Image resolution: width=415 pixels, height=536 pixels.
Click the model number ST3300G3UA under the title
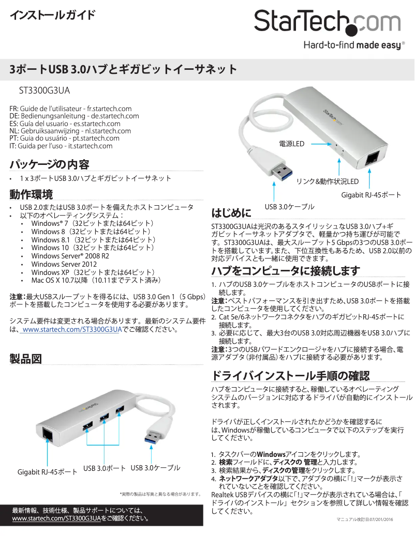point(44,90)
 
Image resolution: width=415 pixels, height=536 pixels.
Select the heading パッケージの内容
point(50,165)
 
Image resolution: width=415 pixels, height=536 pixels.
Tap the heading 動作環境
point(31,195)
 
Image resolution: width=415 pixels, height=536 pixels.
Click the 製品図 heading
point(26,359)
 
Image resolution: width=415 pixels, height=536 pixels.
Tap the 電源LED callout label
point(291,144)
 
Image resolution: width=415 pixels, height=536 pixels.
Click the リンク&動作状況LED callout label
point(327,181)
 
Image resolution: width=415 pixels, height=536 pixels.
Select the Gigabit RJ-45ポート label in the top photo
point(371,194)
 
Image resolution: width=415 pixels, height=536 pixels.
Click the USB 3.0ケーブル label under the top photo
point(289,207)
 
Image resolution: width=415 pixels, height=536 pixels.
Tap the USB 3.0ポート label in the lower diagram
point(105,468)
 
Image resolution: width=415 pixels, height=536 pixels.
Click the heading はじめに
point(231,212)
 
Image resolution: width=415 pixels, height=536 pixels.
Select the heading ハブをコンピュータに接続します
point(285,271)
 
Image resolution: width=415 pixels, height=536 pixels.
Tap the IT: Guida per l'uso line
point(61,146)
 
